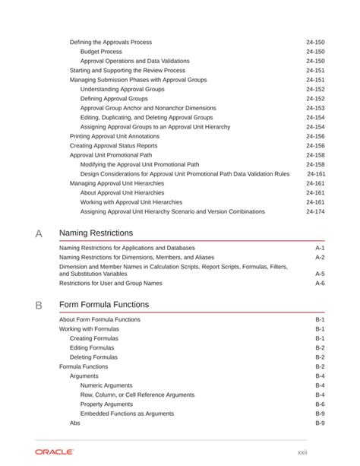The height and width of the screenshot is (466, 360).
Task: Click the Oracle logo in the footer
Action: click(x=54, y=452)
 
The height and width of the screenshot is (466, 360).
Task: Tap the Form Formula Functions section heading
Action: click(x=104, y=304)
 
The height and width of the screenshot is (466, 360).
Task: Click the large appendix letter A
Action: click(x=39, y=233)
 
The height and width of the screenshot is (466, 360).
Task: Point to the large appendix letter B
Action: click(x=39, y=305)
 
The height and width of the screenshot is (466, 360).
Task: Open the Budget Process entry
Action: click(x=101, y=52)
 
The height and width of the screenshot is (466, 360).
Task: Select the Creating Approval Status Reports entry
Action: click(x=114, y=145)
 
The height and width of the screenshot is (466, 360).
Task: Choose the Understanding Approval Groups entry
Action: click(x=122, y=89)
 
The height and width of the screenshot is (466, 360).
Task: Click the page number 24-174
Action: click(x=315, y=211)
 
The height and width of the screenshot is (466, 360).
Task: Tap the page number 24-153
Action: click(x=315, y=108)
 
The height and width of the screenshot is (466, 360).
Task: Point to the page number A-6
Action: click(x=320, y=283)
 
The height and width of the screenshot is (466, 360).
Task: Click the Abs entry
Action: click(x=74, y=423)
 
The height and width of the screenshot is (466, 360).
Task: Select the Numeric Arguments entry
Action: click(x=106, y=385)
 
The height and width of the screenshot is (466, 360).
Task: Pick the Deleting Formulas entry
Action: click(x=93, y=357)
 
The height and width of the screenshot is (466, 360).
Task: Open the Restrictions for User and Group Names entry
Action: click(x=111, y=283)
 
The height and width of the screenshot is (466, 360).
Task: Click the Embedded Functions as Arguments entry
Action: click(x=127, y=414)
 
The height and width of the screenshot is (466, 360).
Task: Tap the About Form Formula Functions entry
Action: click(x=99, y=319)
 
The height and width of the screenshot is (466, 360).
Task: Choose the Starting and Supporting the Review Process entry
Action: click(x=128, y=70)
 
